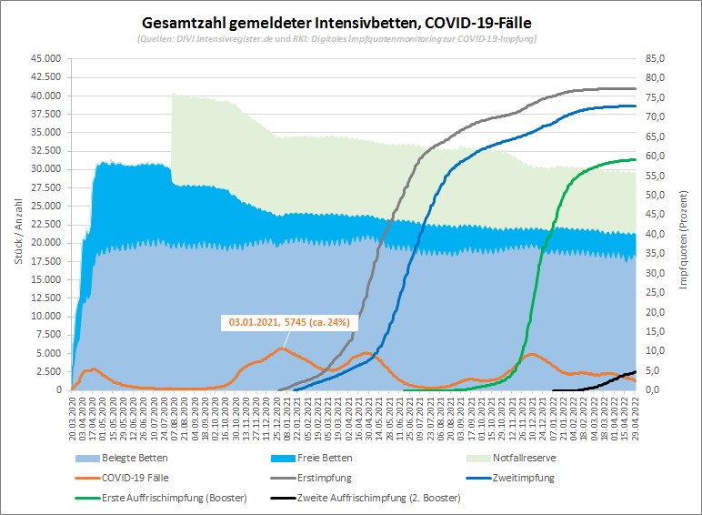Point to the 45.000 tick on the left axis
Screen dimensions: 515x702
45,58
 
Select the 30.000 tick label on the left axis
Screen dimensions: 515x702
45,169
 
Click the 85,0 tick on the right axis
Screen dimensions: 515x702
657,58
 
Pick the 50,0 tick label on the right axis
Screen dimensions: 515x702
657,195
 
